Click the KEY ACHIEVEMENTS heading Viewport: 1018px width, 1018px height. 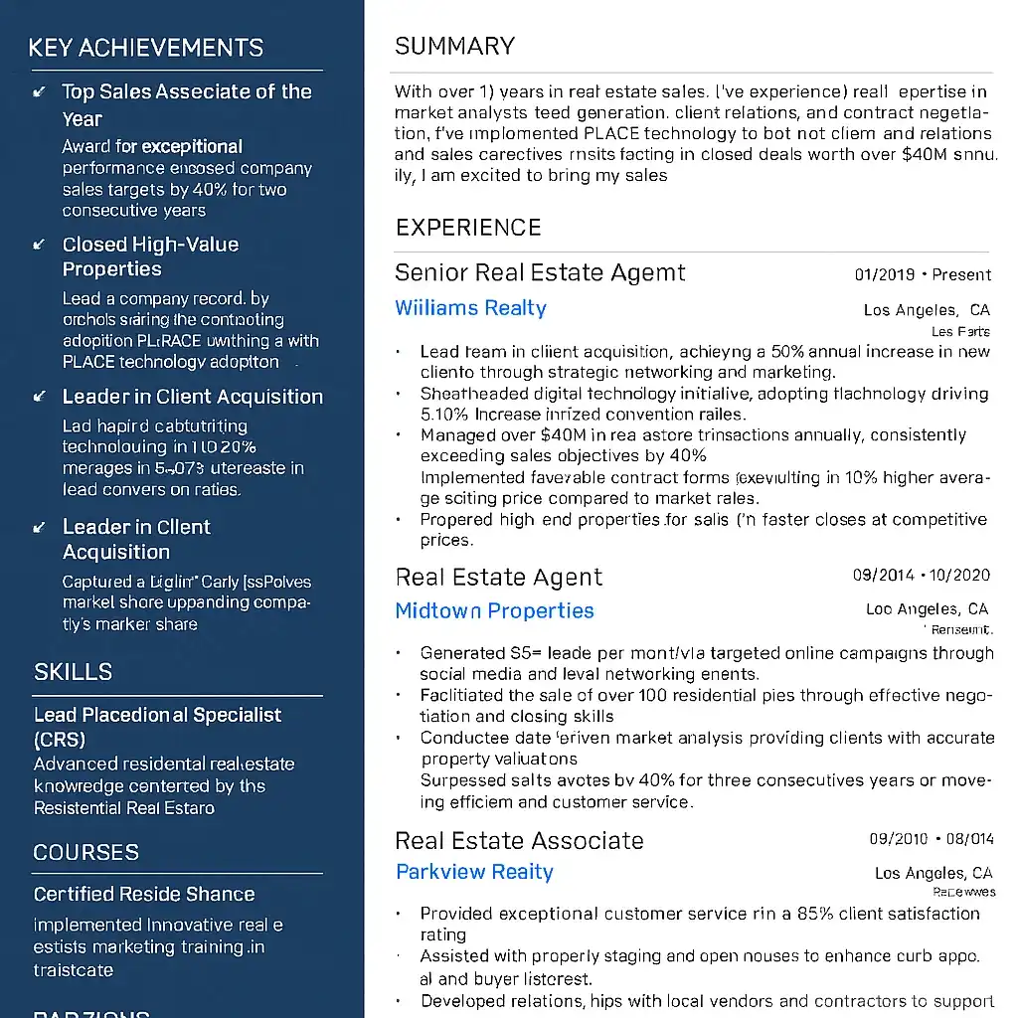(145, 48)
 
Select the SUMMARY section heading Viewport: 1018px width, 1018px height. (454, 47)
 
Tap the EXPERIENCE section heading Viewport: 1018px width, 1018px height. (468, 228)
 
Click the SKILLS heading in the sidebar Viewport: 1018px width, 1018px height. (73, 672)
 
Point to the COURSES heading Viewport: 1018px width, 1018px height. (85, 852)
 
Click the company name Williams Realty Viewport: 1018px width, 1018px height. (470, 308)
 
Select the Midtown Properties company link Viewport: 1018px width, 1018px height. (494, 610)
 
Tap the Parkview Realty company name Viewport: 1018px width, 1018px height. (474, 872)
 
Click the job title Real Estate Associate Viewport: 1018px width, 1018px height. (519, 841)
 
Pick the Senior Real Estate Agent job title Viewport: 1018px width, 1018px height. (540, 272)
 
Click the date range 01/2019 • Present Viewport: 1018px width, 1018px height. (923, 274)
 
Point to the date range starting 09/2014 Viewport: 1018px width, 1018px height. (923, 576)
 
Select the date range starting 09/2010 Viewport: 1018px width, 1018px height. (931, 839)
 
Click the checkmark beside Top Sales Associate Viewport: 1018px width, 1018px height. (40, 92)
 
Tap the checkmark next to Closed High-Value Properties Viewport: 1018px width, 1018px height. (40, 245)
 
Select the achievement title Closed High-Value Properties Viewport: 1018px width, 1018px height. (150, 256)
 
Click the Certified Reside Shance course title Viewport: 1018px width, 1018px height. (144, 894)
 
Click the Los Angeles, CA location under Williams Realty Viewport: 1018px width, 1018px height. (927, 310)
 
